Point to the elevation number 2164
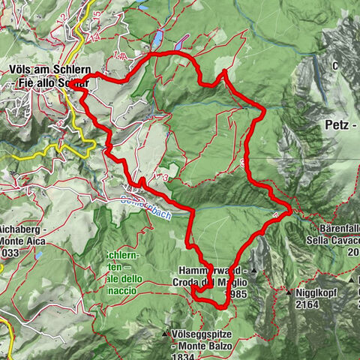308,305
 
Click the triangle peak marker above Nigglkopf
287,292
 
